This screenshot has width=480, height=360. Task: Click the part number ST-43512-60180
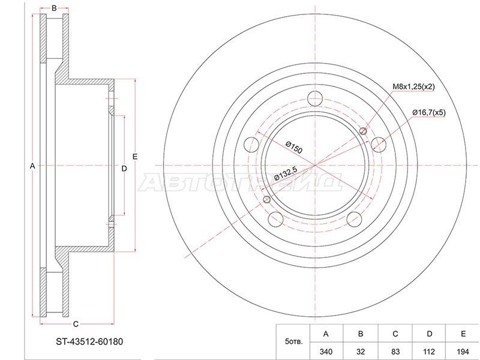click(89, 341)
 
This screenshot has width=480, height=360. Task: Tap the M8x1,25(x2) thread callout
click(413, 86)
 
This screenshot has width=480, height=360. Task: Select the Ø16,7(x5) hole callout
click(429, 113)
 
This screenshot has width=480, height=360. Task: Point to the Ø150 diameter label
click(294, 147)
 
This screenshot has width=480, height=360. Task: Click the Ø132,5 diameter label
click(286, 173)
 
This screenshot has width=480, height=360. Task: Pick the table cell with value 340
click(326, 352)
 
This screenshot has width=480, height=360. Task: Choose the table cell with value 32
click(361, 352)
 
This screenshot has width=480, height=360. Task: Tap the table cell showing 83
click(395, 352)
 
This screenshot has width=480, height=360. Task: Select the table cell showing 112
click(429, 352)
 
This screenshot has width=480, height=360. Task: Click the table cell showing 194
click(463, 352)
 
